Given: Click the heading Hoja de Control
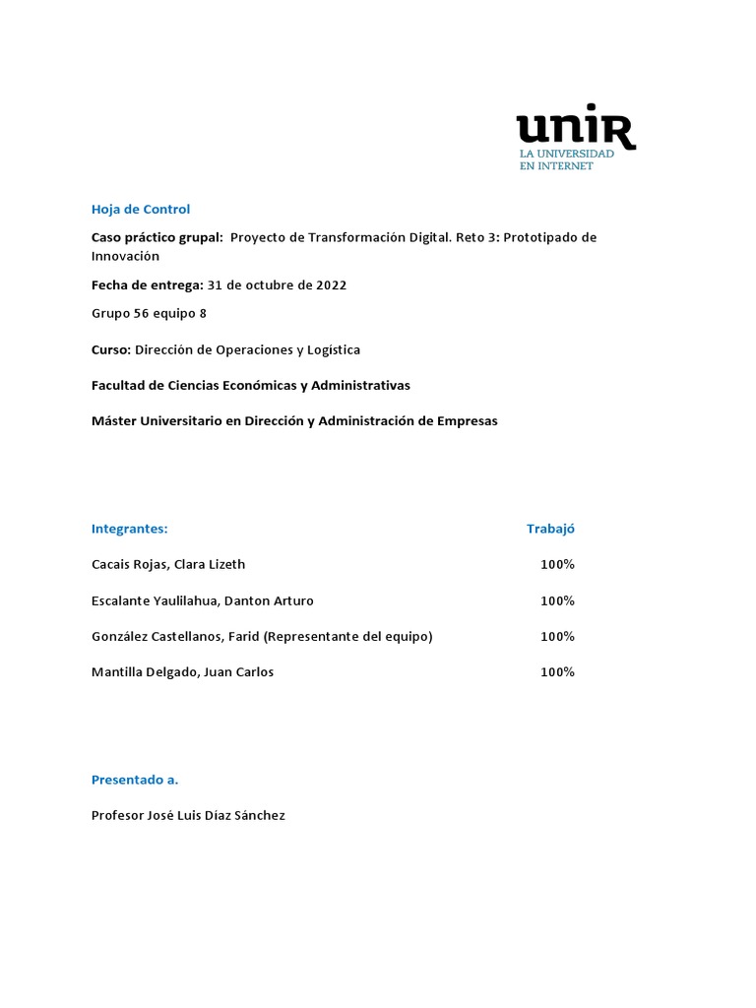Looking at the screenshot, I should click(x=140, y=209).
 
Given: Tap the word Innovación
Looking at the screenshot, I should click(x=125, y=256).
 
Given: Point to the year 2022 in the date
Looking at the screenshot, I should click(x=330, y=285).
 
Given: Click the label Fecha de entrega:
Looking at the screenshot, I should click(x=147, y=285).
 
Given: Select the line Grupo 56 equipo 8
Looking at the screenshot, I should click(x=149, y=314).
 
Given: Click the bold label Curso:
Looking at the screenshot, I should click(x=110, y=349).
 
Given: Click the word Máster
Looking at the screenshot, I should click(x=113, y=420).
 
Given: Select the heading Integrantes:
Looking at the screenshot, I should click(x=129, y=529).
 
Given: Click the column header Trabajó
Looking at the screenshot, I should click(x=550, y=529).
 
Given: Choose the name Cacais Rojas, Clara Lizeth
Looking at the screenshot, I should click(x=167, y=564).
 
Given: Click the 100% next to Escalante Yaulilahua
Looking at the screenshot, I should click(x=557, y=600).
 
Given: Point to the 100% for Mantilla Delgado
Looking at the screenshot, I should click(x=557, y=672).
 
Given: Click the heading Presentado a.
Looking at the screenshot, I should click(x=135, y=780).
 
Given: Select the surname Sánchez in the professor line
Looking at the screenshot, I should click(x=258, y=815).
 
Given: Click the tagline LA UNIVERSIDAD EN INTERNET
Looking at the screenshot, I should click(x=566, y=160).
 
